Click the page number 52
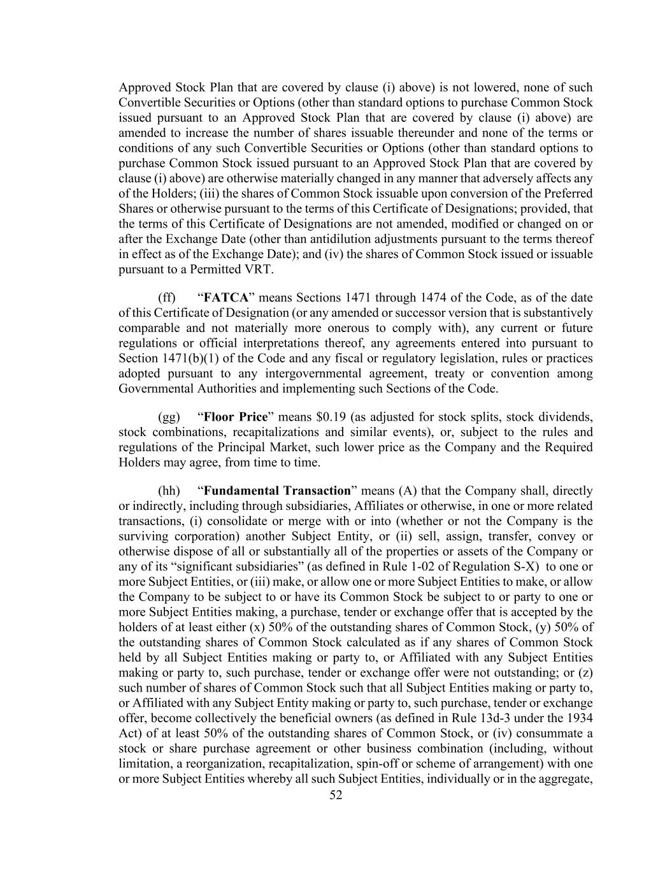point(336,795)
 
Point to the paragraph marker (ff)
point(166,298)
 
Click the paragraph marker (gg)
point(167,417)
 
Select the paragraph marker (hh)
point(168,491)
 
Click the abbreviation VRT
point(259,269)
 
